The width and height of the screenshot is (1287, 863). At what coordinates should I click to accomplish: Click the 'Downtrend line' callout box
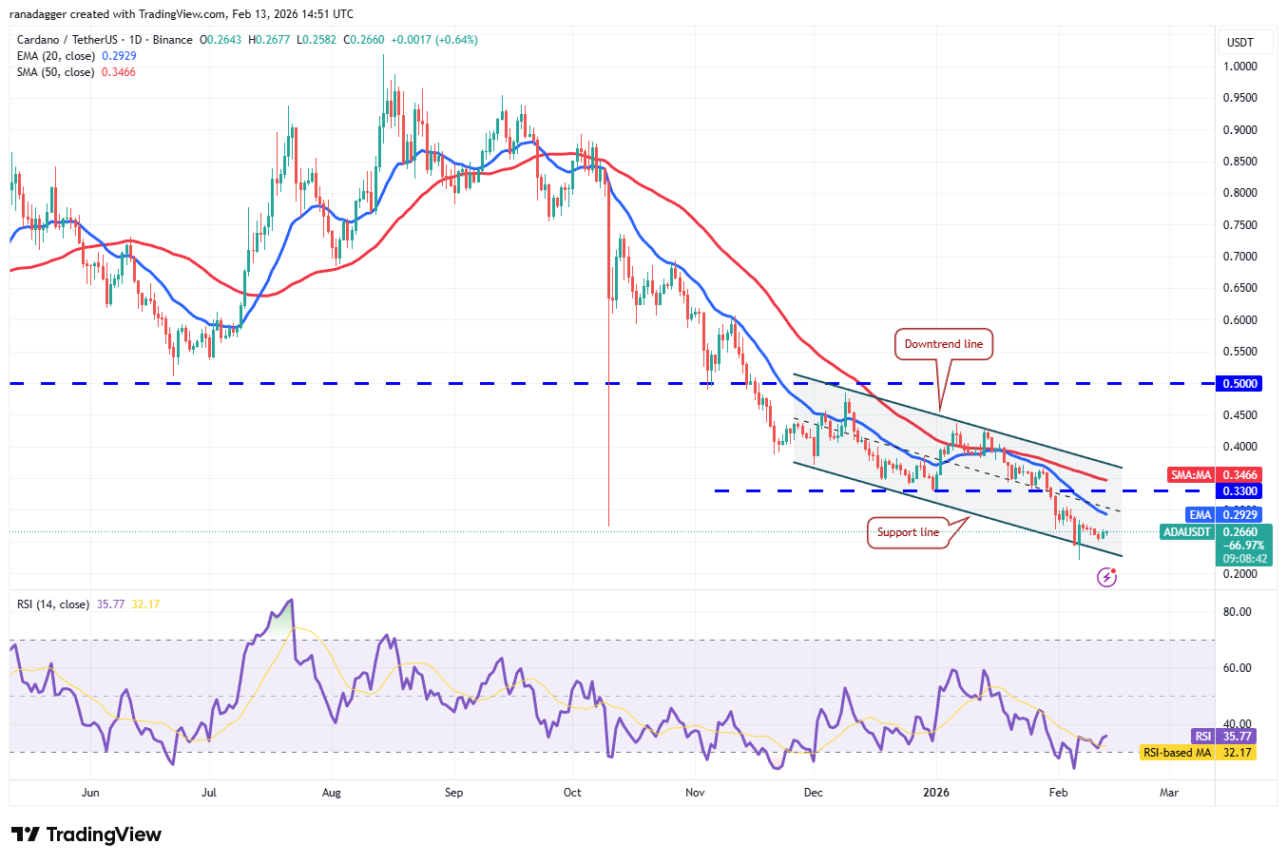[x=943, y=344]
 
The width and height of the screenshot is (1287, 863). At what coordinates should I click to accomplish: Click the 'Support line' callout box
[x=908, y=532]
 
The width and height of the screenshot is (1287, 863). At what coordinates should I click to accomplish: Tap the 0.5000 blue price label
[x=1239, y=384]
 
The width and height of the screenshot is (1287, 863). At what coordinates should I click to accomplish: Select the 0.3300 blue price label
[x=1239, y=491]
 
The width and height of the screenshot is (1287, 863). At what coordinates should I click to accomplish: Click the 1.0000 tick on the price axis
[x=1240, y=67]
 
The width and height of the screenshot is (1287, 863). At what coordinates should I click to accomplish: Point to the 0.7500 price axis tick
[x=1240, y=225]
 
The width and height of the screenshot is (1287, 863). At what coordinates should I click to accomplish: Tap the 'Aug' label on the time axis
[x=331, y=793]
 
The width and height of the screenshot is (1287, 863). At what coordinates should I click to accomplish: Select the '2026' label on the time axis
[x=936, y=793]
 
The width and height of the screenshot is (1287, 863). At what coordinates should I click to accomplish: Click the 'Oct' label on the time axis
[x=572, y=793]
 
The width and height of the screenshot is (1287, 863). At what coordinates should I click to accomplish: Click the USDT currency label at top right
[x=1239, y=43]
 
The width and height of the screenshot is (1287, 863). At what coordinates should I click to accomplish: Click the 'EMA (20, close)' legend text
[x=56, y=56]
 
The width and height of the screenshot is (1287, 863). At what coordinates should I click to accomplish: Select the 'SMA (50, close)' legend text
[x=56, y=72]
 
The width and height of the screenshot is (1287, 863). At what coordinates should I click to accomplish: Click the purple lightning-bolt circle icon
[x=1106, y=577]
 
